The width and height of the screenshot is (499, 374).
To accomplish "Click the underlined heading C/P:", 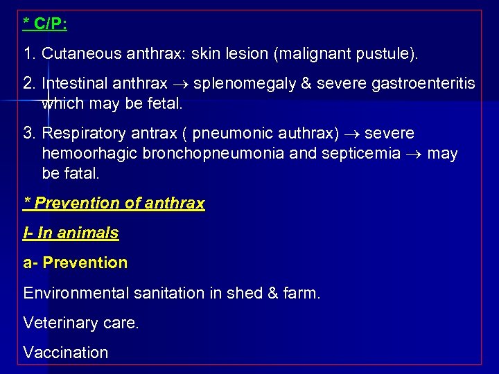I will pyautogui.click(x=45, y=24).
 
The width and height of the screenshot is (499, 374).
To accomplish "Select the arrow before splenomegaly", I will pyautogui.click(x=180, y=84).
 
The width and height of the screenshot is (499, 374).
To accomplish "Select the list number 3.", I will pyautogui.click(x=28, y=133).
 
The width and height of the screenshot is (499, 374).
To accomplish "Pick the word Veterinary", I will pyautogui.click(x=57, y=323).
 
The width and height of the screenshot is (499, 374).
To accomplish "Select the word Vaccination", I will pyautogui.click(x=66, y=352).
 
